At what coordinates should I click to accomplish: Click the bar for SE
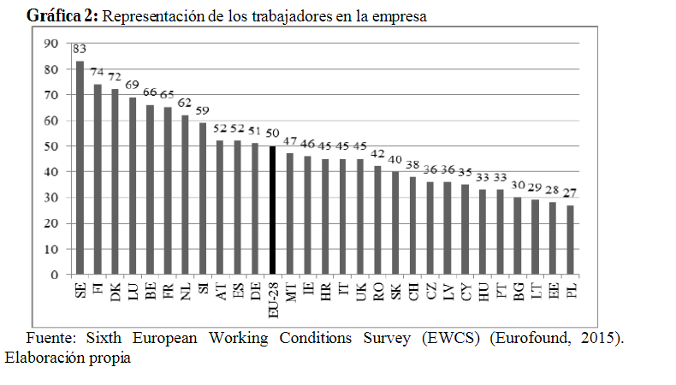[x=80, y=168]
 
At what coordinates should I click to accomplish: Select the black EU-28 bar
[x=272, y=210]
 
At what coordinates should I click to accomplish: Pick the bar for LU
[x=132, y=186]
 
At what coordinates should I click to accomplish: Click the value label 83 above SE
[x=79, y=50]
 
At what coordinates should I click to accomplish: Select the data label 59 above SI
[x=202, y=111]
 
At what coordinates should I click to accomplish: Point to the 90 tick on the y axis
[x=50, y=44]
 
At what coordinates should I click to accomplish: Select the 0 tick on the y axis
[x=54, y=275]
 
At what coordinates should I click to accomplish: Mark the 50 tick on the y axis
[x=50, y=146]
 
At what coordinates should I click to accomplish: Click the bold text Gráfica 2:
[x=63, y=17]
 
